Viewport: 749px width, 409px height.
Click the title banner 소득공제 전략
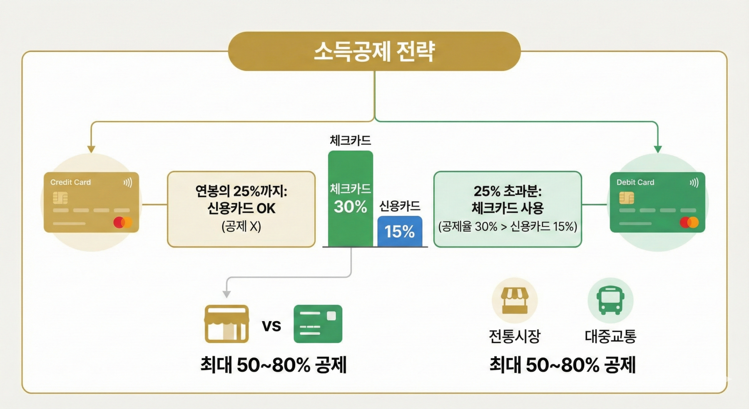tap(374, 51)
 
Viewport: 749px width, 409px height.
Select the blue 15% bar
tap(399, 231)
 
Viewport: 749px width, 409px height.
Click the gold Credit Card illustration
tap(91, 202)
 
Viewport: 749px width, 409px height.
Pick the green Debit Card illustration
tap(657, 202)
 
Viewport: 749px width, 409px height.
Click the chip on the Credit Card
tap(60, 198)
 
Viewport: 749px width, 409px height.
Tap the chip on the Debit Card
tap(626, 198)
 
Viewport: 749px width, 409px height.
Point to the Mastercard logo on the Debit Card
tap(689, 222)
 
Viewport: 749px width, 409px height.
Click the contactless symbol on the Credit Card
tap(128, 182)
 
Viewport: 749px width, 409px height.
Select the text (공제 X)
tap(241, 226)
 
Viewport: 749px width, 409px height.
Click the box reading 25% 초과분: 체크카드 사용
tap(507, 209)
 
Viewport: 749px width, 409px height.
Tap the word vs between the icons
tap(271, 325)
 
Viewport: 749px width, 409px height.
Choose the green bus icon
tap(610, 300)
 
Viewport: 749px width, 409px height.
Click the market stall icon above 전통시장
tap(514, 300)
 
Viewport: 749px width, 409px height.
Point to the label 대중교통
tap(610, 336)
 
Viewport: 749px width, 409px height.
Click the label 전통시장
tap(514, 336)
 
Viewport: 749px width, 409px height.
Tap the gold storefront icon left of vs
tap(226, 324)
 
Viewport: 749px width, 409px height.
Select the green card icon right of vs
tap(318, 324)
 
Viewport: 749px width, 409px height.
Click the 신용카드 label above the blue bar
tap(399, 206)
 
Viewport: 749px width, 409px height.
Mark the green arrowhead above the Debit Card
tap(658, 149)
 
